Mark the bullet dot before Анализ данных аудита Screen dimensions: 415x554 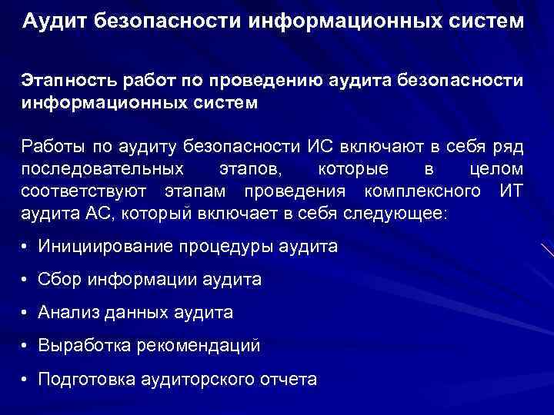pos(26,314)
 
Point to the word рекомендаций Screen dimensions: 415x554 pos(199,347)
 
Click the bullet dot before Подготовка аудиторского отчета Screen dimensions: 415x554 pos(26,380)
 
